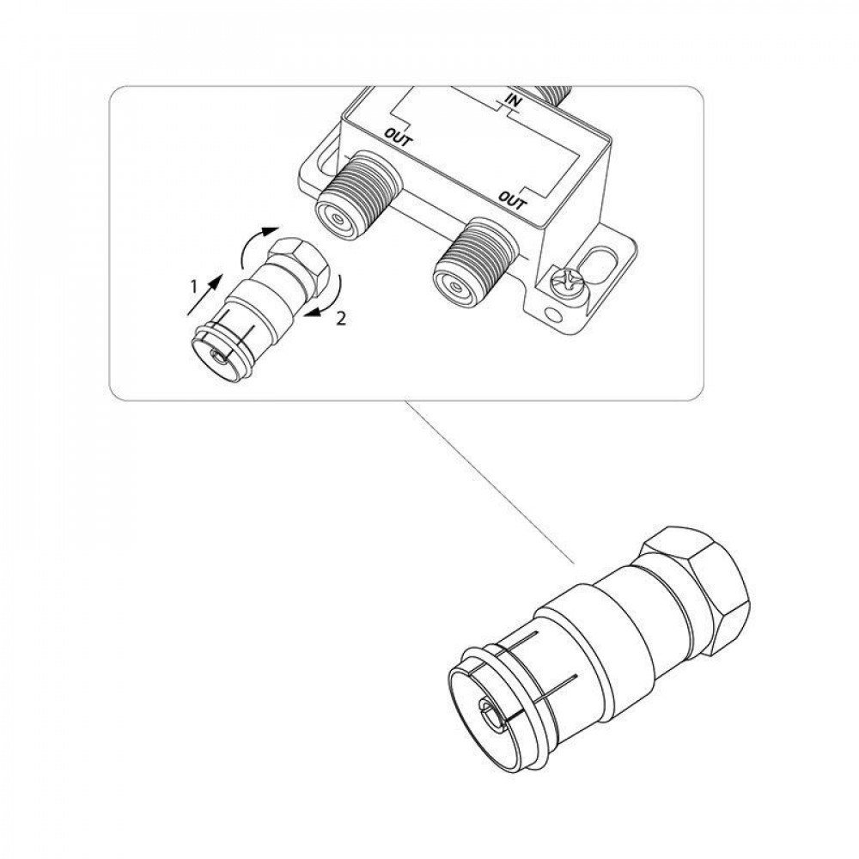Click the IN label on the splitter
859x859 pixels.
click(x=514, y=102)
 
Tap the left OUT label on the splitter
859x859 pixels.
click(x=399, y=137)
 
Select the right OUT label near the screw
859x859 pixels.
click(x=513, y=200)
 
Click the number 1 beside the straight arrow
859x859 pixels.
click(x=192, y=285)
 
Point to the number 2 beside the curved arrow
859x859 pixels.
click(x=341, y=320)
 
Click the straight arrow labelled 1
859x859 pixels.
click(x=205, y=294)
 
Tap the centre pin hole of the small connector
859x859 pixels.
click(x=220, y=358)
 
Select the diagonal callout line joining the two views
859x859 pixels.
click(x=488, y=482)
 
